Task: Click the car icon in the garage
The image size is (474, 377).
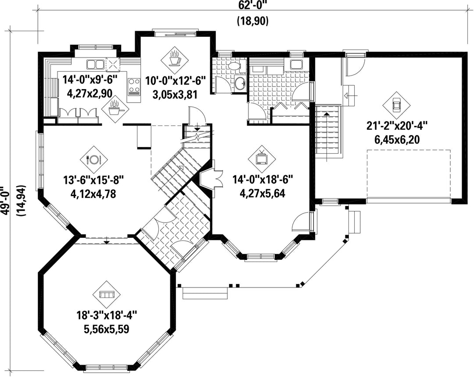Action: pos(396,105)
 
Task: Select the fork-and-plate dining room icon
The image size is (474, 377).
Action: pos(93,159)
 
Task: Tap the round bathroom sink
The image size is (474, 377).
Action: pos(241,83)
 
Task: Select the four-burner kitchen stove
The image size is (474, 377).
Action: pos(134,86)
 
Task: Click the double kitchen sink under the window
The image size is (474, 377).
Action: pos(96,65)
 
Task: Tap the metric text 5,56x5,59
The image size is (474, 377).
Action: pos(107,328)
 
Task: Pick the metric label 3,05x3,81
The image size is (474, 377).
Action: pos(175,95)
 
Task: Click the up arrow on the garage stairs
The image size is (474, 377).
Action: pos(327,136)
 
